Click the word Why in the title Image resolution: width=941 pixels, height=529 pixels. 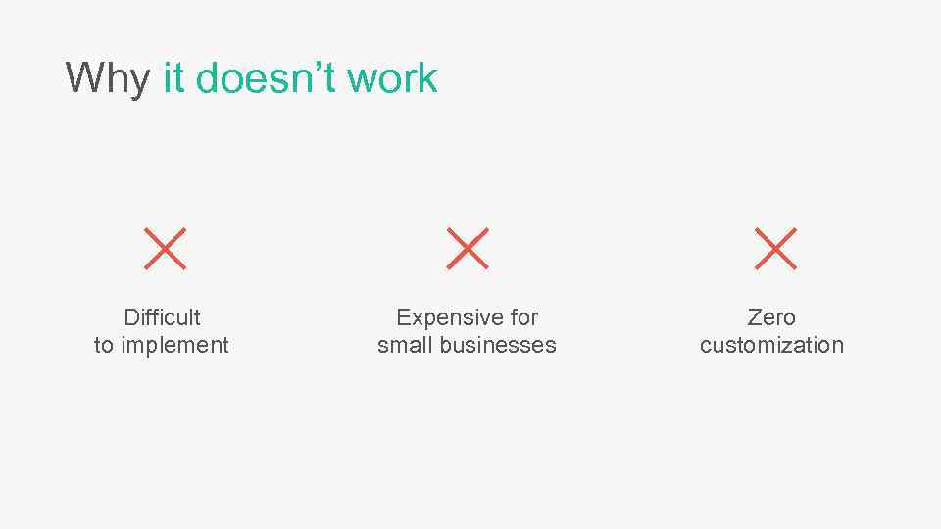click(x=108, y=78)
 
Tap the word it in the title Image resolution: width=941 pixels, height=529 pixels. click(x=173, y=78)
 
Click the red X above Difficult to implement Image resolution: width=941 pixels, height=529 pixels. click(x=165, y=249)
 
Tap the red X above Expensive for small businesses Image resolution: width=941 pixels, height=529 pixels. click(x=468, y=249)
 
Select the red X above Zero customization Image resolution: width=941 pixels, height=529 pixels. click(x=776, y=249)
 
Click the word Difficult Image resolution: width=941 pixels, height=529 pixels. click(x=163, y=317)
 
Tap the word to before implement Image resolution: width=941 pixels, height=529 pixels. click(x=103, y=345)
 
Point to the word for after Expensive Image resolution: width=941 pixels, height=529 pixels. click(x=523, y=317)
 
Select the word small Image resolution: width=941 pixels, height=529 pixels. click(x=406, y=345)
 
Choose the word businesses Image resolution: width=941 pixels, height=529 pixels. click(x=498, y=345)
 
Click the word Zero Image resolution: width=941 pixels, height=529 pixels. click(x=771, y=317)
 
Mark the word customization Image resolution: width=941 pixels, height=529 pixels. click(x=771, y=345)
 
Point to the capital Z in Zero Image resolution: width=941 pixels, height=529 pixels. click(x=754, y=317)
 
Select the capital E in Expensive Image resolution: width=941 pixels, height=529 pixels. click(x=402, y=317)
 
